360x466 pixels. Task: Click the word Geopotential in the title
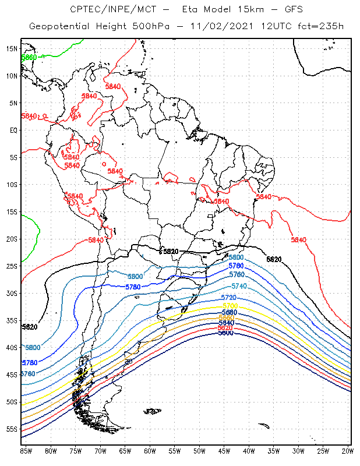click(x=57, y=27)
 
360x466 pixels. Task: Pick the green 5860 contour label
click(x=29, y=58)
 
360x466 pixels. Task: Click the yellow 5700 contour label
click(x=230, y=306)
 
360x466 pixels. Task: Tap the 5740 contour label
click(x=239, y=286)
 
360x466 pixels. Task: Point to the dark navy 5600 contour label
click(x=225, y=333)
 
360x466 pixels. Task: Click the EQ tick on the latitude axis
click(x=12, y=130)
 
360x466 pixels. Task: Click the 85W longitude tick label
click(x=25, y=450)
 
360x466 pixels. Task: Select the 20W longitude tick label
click(x=348, y=450)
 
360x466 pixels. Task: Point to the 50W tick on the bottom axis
click(x=199, y=450)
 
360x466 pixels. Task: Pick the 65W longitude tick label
click(x=125, y=450)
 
